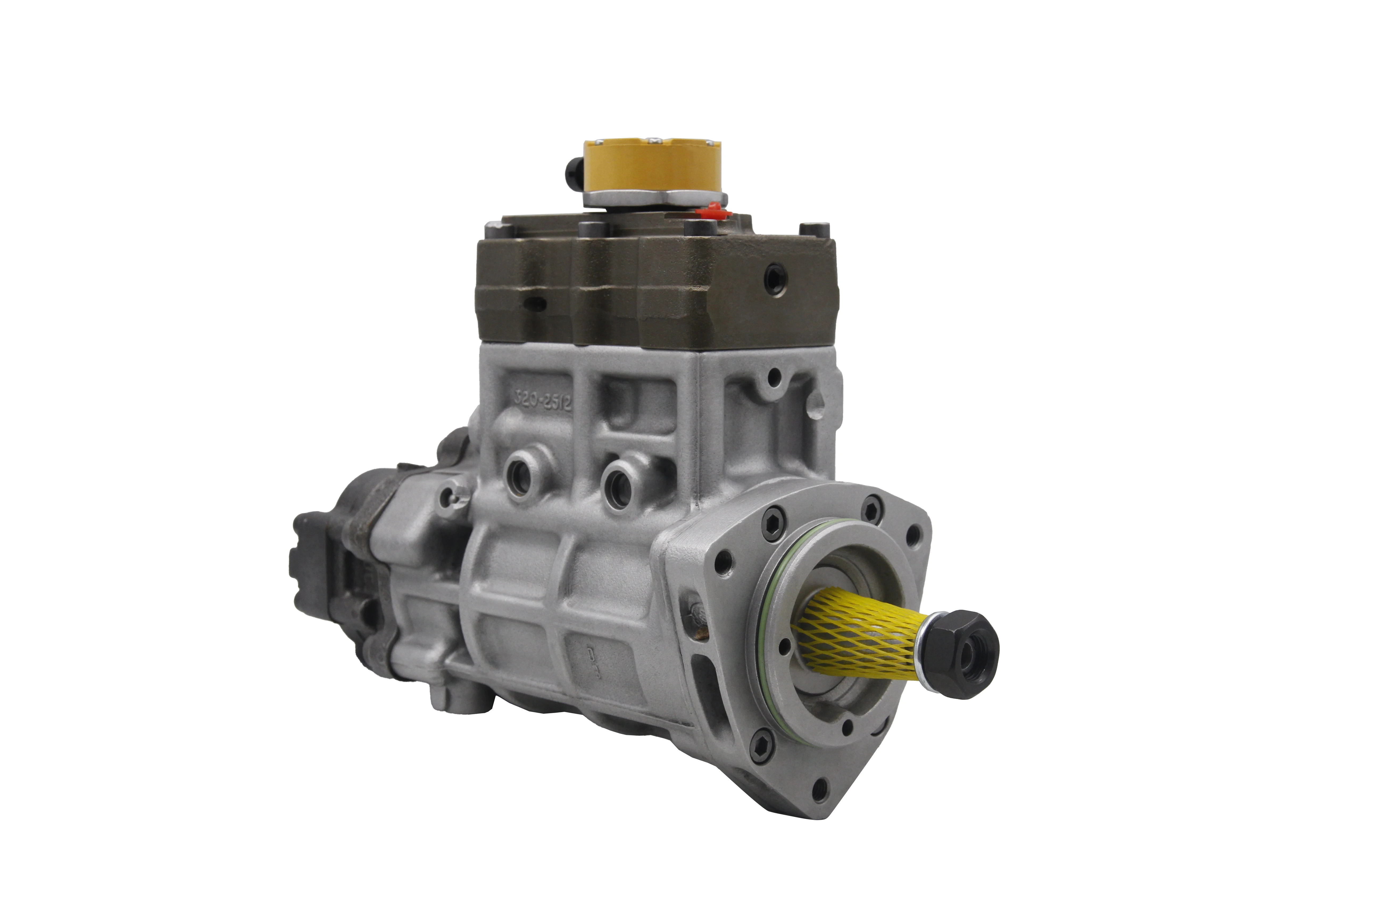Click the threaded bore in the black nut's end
pos(981,660)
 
